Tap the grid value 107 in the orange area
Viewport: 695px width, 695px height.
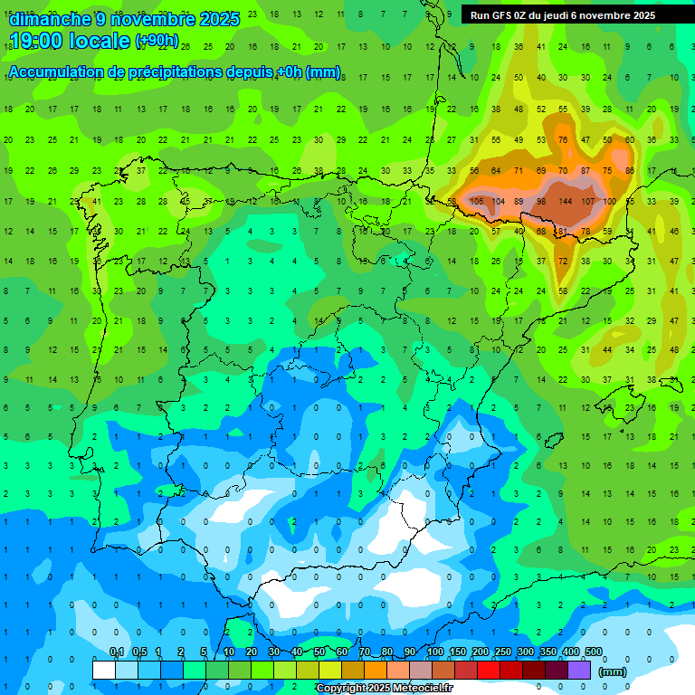click(588, 201)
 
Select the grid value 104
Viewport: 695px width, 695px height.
click(498, 201)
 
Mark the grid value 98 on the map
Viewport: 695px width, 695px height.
click(542, 201)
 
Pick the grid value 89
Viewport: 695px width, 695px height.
click(519, 201)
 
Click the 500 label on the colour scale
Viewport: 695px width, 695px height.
click(594, 652)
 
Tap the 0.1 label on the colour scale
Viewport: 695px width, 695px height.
click(117, 652)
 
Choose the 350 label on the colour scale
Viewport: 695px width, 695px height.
click(548, 652)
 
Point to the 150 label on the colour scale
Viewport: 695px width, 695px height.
click(457, 652)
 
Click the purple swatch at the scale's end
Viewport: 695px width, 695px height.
click(580, 670)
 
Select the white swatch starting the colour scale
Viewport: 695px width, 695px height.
click(104, 670)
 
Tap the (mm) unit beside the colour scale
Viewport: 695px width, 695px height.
click(613, 671)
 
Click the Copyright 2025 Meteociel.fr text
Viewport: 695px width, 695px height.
click(385, 689)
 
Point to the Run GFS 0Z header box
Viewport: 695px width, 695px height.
click(570, 15)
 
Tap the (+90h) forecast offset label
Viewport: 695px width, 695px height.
click(157, 42)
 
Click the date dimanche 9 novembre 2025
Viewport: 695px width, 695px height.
click(124, 19)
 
